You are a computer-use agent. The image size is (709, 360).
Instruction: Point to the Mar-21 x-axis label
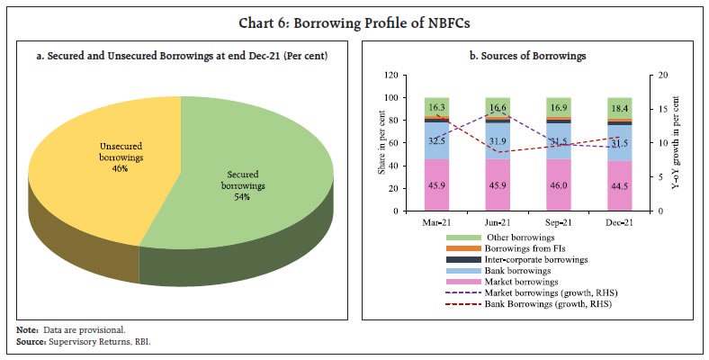[436, 221]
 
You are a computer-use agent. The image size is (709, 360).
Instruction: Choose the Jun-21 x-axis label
[497, 221]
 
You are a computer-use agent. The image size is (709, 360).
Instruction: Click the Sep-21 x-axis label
[557, 221]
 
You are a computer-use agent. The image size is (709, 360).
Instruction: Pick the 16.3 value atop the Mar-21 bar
[436, 107]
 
